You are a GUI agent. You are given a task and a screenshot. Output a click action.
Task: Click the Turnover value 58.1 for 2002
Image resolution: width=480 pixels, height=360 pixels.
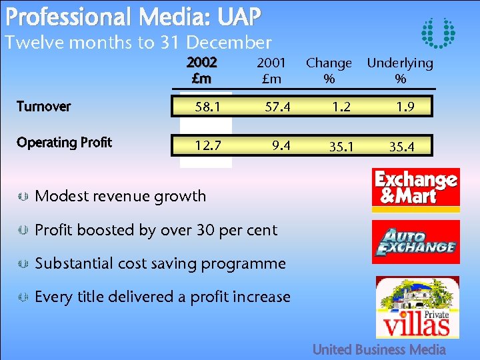tap(205, 107)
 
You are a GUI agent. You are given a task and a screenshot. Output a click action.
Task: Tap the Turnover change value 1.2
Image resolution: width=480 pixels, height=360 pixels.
tap(335, 107)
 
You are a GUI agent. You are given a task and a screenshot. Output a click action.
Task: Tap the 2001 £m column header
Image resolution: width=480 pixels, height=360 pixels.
tap(271, 70)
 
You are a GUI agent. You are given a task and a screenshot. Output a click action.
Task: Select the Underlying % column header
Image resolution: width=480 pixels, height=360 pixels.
tap(400, 71)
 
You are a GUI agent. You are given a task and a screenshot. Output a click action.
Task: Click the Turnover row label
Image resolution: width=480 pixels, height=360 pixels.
tap(44, 107)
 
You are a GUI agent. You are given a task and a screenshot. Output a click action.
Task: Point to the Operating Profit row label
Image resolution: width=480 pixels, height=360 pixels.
tap(64, 143)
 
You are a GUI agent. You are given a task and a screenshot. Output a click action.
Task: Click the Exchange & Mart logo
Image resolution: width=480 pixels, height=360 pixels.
tap(416, 188)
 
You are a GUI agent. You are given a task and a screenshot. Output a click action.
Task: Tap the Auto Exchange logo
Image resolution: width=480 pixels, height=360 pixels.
tap(416, 241)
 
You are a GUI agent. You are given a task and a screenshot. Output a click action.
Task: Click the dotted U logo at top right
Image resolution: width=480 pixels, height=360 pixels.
tap(439, 33)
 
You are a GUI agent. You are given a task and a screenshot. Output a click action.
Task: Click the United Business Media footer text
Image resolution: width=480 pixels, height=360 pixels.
tap(379, 349)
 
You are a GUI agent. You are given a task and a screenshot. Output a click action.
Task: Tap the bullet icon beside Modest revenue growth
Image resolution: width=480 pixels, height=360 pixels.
tap(22, 196)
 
